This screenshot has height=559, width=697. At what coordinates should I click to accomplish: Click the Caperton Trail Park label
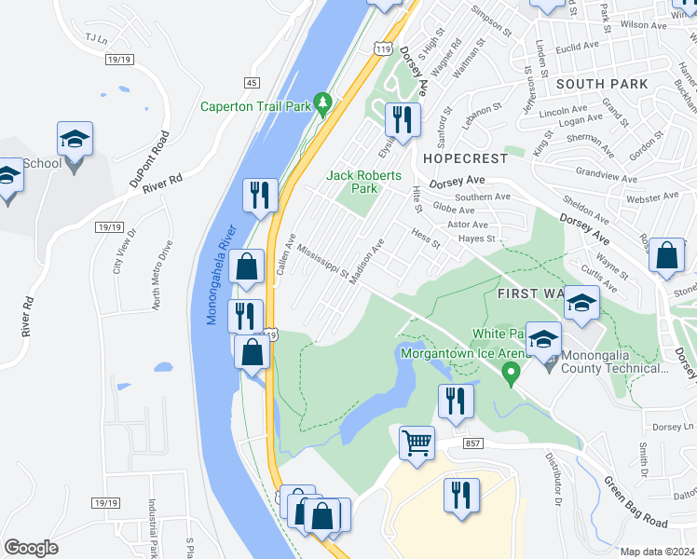[x=255, y=106]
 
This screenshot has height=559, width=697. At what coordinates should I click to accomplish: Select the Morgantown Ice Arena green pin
[x=510, y=375]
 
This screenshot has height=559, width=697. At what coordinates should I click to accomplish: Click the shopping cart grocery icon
[x=417, y=443]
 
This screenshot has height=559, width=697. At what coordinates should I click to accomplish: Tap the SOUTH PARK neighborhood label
[x=601, y=84]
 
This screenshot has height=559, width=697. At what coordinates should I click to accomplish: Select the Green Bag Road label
[x=635, y=501]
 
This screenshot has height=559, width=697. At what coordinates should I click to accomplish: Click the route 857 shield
[x=471, y=444]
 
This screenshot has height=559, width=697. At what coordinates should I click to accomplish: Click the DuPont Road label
[x=149, y=161]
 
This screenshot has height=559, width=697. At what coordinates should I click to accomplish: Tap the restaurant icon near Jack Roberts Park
[x=403, y=118]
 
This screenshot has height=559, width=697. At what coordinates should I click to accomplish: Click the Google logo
[x=32, y=547]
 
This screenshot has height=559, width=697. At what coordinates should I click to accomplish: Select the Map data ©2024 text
[x=658, y=552]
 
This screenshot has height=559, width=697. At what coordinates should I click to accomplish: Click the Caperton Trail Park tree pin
[x=323, y=103]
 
